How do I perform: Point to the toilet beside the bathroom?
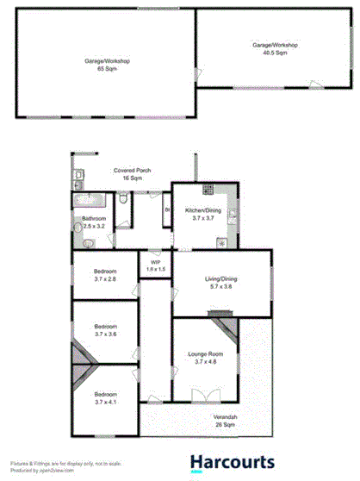123,201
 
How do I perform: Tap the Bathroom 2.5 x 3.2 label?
93,222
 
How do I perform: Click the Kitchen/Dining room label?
207,214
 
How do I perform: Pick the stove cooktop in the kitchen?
207,190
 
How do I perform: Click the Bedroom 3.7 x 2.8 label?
106,276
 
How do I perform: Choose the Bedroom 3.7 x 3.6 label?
106,330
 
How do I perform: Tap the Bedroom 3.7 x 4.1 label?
106,397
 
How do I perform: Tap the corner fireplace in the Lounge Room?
222,327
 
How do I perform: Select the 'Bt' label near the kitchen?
167,209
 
